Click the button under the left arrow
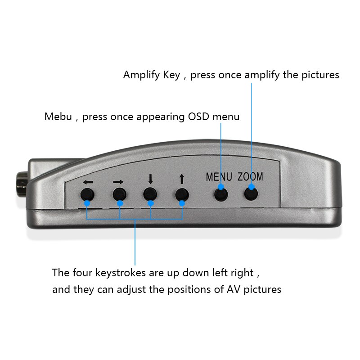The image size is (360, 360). (87, 195)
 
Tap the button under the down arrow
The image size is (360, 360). (150, 194)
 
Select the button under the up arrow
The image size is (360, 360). (182, 194)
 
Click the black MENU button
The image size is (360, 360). (220, 194)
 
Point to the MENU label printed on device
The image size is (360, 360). (219, 177)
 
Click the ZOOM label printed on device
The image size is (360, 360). (250, 177)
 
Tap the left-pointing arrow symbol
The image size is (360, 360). (88, 182)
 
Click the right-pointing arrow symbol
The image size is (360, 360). (118, 182)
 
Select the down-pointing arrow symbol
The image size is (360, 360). (150, 179)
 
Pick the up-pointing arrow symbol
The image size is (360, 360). (182, 180)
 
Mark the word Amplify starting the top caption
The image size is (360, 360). (141, 75)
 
